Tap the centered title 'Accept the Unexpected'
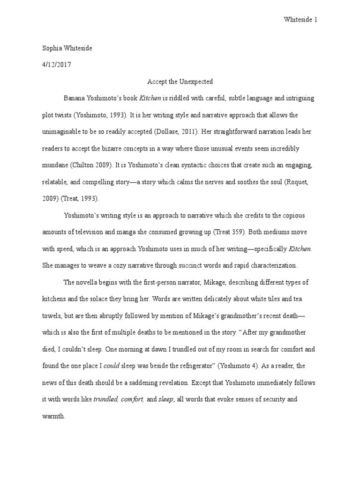coord(180,82)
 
